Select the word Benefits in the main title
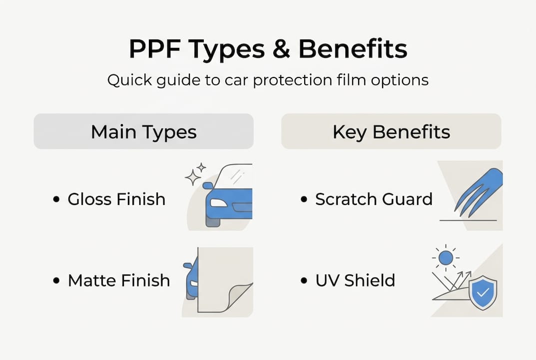(353, 49)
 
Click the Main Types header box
(143, 131)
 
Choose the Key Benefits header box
(391, 131)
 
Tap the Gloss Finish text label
(116, 199)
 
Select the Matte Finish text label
(119, 280)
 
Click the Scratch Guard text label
(374, 199)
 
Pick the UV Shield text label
(355, 280)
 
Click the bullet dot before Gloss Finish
(56, 199)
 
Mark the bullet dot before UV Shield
(304, 281)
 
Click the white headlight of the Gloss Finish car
(218, 203)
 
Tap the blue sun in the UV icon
(445, 257)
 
